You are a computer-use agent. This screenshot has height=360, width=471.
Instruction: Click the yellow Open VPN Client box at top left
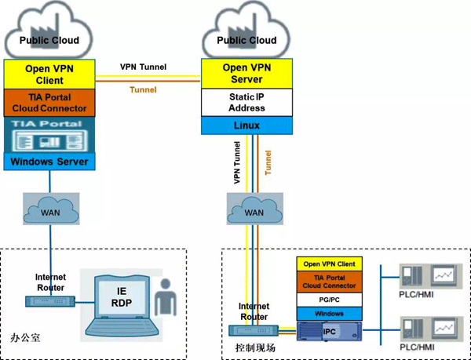pos(49,74)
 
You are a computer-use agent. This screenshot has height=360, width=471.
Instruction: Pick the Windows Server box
pos(49,162)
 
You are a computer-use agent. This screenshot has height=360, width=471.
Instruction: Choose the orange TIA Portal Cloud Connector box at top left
pos(49,102)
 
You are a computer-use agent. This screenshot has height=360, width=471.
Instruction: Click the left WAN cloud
pos(49,211)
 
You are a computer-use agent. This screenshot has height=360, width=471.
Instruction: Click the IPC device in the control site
pos(329,332)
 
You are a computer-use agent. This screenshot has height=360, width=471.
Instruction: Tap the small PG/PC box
pos(329,300)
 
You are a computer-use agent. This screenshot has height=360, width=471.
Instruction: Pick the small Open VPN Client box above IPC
pos(329,264)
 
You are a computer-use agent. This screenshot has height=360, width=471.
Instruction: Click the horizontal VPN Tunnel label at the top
pos(143,67)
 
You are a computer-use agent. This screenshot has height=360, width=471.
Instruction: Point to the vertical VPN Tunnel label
pos(236,162)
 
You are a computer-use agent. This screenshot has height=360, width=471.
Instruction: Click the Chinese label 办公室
pos(25,338)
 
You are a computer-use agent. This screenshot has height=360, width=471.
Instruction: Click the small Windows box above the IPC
pos(329,313)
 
